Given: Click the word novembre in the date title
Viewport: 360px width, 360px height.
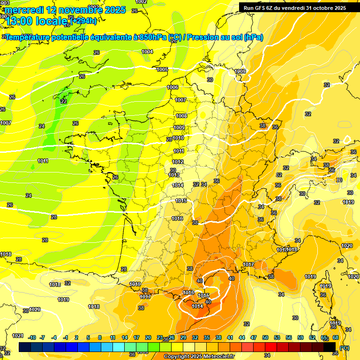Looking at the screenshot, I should [77, 10].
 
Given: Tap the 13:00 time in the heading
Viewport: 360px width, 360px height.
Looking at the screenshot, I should [22, 21].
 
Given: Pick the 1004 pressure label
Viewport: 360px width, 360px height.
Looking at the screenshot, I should [147, 52].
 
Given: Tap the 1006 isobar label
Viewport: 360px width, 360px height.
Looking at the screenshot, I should [172, 87].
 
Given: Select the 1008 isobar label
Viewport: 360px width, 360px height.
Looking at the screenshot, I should [181, 116].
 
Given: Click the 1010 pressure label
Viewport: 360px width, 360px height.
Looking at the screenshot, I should [178, 138].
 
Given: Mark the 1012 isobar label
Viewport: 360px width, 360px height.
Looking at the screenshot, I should [177, 162].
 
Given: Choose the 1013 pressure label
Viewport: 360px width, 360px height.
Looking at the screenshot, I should [174, 175].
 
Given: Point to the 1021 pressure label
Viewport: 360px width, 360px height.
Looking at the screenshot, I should [18, 336].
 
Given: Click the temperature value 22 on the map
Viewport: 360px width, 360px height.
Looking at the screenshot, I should [63, 101].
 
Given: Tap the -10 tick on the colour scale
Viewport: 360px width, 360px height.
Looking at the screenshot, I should [32, 337].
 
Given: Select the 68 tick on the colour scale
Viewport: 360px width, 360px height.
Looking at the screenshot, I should [336, 337].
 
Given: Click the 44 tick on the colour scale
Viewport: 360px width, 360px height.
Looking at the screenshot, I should [241, 337].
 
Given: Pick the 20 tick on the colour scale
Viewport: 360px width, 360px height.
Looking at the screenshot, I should [148, 337].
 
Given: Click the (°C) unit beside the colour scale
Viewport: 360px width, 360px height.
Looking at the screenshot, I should [344, 347].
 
